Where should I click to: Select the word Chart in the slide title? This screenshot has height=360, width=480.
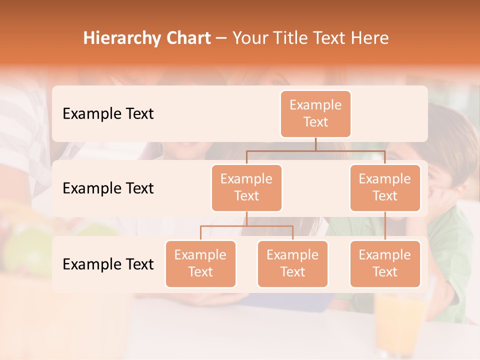point(185,38)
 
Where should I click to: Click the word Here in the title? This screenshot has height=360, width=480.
point(369,38)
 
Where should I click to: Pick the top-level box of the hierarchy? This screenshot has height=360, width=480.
point(315,113)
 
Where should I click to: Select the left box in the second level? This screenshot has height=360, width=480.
point(246,187)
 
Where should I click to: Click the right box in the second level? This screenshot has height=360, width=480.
point(385,187)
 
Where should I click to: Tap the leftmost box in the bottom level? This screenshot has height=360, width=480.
point(200,263)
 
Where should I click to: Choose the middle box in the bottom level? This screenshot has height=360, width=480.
point(292,263)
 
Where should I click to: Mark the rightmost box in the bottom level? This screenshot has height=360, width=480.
point(385,263)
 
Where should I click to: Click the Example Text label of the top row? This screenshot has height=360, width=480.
point(108,114)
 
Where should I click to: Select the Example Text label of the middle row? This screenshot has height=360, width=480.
point(108,188)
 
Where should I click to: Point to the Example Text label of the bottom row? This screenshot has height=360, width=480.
point(108,264)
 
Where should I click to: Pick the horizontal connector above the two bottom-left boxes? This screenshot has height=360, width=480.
point(246,226)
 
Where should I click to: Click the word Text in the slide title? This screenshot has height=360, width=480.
point(332,38)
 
